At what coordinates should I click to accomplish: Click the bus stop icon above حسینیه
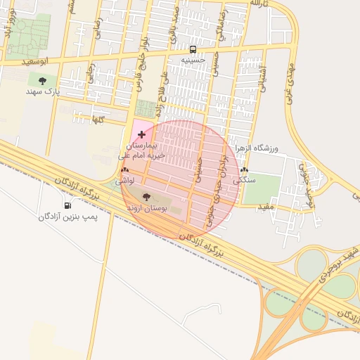[193, 49]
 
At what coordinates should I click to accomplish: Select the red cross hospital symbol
[142, 134]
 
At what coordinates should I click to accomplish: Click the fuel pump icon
[67, 205]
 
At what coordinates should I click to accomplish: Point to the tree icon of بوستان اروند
[146, 198]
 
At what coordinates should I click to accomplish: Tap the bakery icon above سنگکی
[244, 169]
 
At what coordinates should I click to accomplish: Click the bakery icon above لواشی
[125, 169]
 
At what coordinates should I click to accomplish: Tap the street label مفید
[264, 207]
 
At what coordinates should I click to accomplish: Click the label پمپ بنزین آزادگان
[68, 217]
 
